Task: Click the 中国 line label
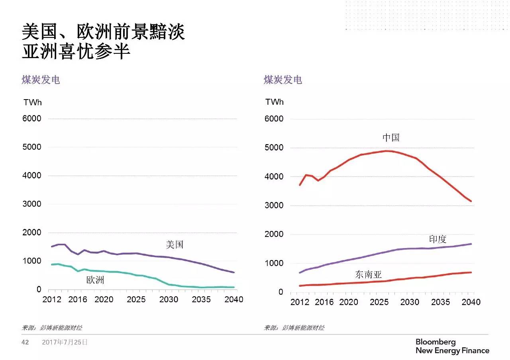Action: click(x=391, y=138)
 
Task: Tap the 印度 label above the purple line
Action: click(x=437, y=239)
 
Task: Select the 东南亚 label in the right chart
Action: click(x=368, y=274)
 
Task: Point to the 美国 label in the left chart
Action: click(x=175, y=245)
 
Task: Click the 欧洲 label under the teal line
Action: click(x=95, y=280)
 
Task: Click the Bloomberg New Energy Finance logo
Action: click(x=452, y=346)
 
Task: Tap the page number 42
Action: click(x=25, y=342)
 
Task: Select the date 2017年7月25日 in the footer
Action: click(x=65, y=342)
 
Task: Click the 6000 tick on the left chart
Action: click(x=32, y=119)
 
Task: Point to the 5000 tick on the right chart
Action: click(x=274, y=148)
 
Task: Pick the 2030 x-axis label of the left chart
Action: click(x=169, y=299)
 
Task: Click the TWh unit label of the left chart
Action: click(x=32, y=102)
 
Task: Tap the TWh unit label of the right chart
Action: click(x=275, y=102)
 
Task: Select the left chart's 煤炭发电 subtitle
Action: click(x=41, y=80)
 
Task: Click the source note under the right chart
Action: click(x=294, y=328)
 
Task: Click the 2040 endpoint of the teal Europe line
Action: click(x=234, y=287)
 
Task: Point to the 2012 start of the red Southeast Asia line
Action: click(x=300, y=286)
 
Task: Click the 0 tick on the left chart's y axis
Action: click(x=39, y=290)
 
